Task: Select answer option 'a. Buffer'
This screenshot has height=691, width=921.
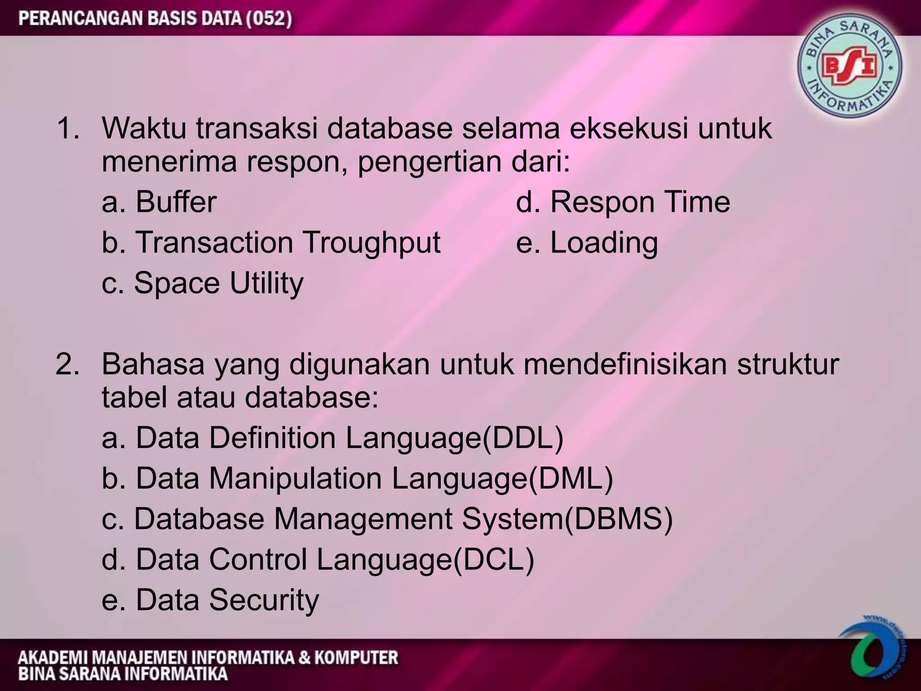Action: point(159,202)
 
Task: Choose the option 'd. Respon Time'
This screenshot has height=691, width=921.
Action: point(623,202)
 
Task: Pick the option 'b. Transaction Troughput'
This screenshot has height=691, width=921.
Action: point(271,242)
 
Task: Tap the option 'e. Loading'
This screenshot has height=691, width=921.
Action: point(587,242)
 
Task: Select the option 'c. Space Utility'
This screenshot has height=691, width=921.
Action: point(202,283)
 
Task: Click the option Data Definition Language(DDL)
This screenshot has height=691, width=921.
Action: point(332,438)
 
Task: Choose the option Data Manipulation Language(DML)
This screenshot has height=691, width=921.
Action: point(358,478)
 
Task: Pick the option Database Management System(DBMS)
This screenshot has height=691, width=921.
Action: point(387,519)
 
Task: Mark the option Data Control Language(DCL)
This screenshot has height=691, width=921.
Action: point(318,559)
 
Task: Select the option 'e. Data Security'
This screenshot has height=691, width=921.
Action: point(210,600)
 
